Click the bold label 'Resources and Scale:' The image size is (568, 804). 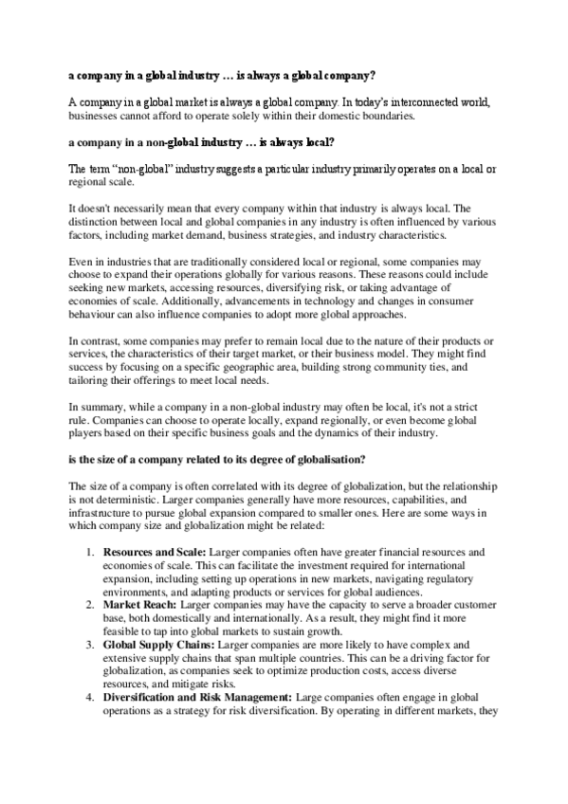point(151,551)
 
